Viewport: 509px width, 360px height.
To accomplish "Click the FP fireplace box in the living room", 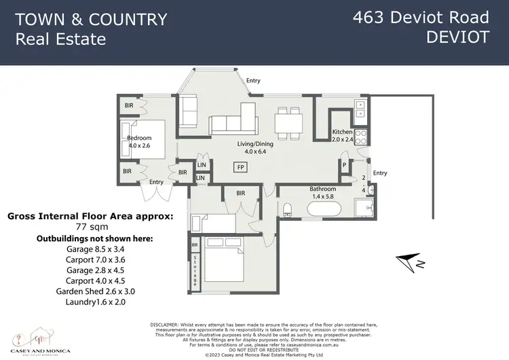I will (240, 166).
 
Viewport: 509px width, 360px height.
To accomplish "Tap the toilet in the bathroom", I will (288, 207).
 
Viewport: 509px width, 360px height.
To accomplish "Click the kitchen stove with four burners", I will (360, 134).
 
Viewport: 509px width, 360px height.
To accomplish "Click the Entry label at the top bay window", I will (253, 81).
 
